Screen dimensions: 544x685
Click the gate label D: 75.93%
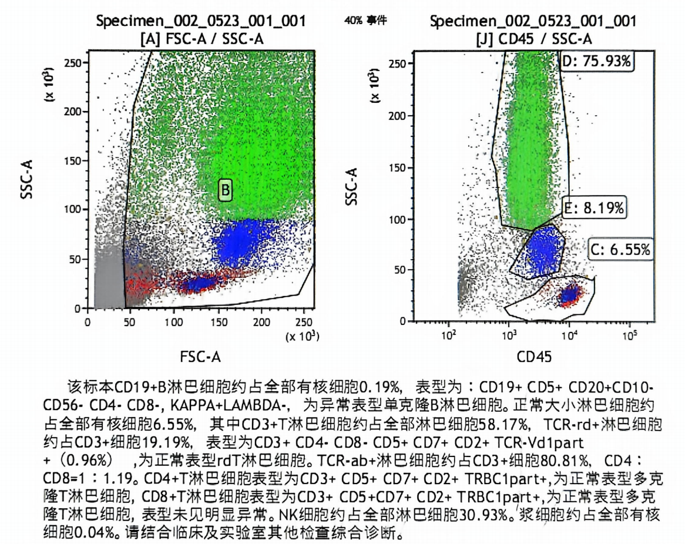597,61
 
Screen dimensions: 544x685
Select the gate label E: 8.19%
594,207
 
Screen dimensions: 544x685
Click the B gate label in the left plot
226,190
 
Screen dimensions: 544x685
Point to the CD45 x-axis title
534,356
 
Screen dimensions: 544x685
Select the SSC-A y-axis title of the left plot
26,180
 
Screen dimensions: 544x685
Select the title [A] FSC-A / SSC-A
202,39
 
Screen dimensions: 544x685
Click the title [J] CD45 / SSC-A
534,39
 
